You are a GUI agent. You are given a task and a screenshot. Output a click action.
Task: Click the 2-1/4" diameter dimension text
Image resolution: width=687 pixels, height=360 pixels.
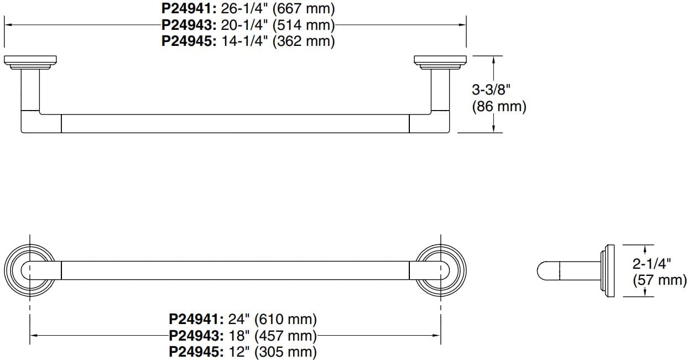pyautogui.click(x=652, y=264)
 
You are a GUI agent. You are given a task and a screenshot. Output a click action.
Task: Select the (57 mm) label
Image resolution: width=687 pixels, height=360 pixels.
pyautogui.click(x=659, y=280)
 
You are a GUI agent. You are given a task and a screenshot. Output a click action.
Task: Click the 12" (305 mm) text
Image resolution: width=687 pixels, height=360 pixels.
pyautogui.click(x=272, y=352)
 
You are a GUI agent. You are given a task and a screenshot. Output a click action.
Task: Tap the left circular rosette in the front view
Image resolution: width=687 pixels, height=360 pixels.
pyautogui.click(x=29, y=270)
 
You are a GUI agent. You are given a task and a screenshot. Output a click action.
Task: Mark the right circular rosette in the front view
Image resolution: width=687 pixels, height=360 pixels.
pyautogui.click(x=440, y=270)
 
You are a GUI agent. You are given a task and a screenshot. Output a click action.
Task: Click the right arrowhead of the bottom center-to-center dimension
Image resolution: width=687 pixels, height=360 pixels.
pyautogui.click(x=436, y=335)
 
